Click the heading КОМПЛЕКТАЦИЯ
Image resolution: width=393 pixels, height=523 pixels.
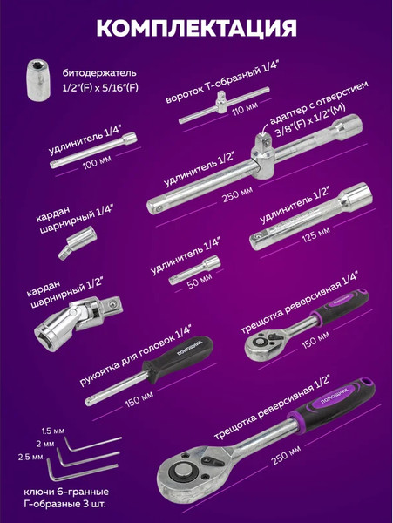196,29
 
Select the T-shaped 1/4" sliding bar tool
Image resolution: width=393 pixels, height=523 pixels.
224,105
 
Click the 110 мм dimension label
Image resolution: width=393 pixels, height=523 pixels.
246,109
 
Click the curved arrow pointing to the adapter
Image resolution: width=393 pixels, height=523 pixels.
266,129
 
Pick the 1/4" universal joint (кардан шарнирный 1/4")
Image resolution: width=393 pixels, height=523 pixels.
77,242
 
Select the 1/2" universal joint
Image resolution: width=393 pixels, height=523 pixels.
78,318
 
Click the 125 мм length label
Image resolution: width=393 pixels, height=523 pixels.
315,234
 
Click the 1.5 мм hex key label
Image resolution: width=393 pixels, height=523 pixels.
53,431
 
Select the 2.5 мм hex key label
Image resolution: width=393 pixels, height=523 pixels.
30,457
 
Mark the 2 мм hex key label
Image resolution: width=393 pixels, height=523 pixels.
45,444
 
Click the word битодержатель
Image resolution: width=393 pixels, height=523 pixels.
99,73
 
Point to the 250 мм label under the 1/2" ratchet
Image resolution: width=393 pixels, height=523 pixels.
286,455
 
